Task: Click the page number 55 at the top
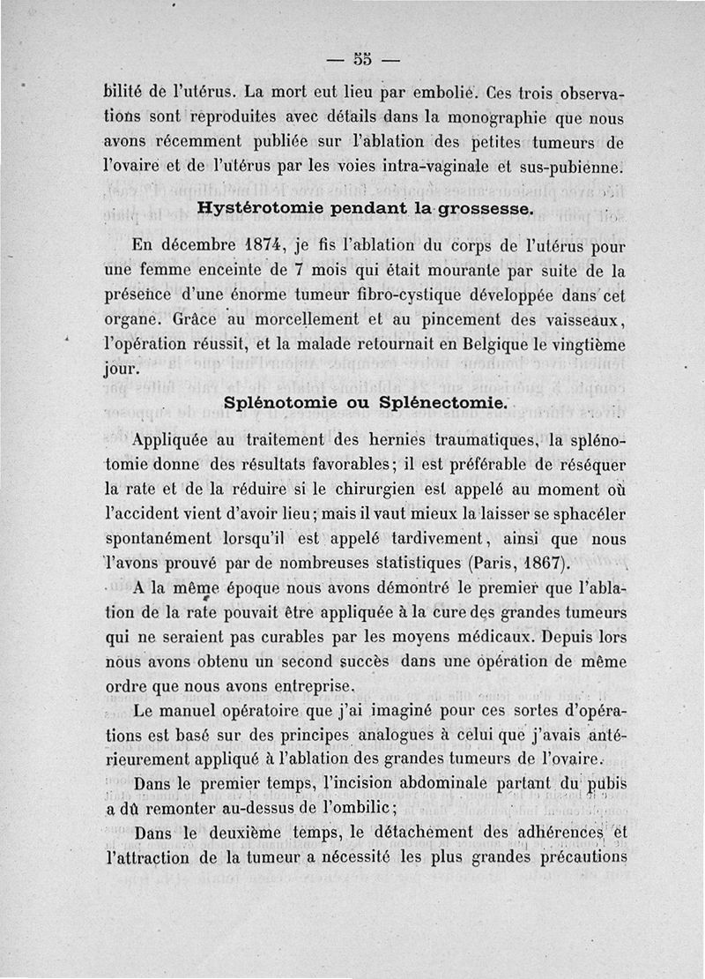[x=361, y=60]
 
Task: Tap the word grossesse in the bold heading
[x=476, y=209]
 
